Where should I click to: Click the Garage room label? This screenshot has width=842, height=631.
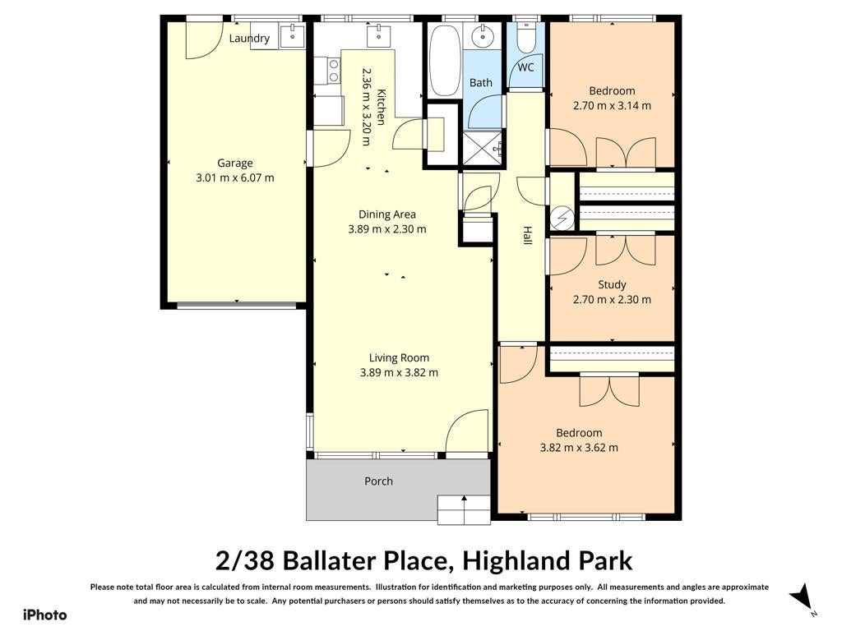[x=234, y=164]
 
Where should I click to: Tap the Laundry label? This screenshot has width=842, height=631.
[x=249, y=38]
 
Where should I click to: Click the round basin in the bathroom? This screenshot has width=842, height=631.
[x=483, y=35]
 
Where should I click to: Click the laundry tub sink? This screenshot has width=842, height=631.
[x=292, y=35]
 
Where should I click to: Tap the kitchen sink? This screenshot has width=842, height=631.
[x=379, y=35]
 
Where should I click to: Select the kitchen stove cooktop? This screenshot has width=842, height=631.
[x=334, y=71]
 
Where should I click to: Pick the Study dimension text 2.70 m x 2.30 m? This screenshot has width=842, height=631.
[x=612, y=299]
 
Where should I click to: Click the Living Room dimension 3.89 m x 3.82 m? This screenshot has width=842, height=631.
[x=399, y=372]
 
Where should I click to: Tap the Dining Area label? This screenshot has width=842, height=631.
[x=387, y=214]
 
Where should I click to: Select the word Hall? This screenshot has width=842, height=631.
[x=528, y=236]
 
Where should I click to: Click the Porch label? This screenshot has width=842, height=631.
[x=378, y=481]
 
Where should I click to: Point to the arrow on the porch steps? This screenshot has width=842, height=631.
[x=464, y=508]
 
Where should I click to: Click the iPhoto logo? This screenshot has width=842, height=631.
[x=45, y=615]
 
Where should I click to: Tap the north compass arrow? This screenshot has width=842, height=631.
[x=802, y=596]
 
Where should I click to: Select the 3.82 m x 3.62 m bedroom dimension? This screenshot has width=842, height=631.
[x=579, y=448]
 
